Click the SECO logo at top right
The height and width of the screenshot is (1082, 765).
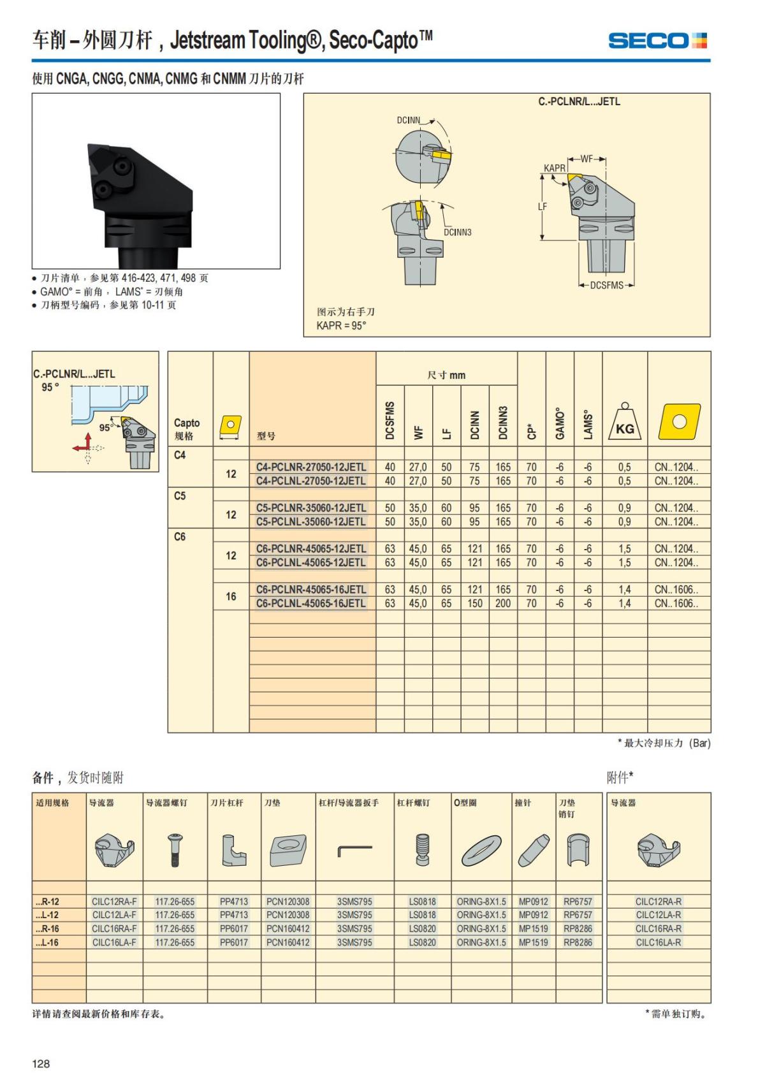click(657, 41)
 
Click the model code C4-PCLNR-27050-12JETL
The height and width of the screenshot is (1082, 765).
click(311, 467)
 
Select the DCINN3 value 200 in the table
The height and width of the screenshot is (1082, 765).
click(503, 603)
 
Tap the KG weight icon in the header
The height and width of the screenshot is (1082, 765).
click(625, 422)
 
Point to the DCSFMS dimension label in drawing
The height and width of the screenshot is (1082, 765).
click(606, 285)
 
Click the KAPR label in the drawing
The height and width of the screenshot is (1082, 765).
click(554, 168)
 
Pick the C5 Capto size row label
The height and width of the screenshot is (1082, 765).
click(180, 495)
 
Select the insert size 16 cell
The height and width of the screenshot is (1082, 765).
click(231, 596)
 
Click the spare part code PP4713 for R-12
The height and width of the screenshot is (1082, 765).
click(234, 902)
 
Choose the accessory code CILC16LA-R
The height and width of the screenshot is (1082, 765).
click(658, 942)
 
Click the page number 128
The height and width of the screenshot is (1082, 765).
click(41, 1064)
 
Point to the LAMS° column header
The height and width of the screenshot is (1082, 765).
click(588, 424)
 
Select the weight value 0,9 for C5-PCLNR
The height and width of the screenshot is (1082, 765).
click(624, 508)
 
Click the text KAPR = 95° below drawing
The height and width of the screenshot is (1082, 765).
click(342, 326)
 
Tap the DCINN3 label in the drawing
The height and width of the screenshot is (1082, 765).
click(458, 232)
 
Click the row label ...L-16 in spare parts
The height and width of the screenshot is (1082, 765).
click(47, 942)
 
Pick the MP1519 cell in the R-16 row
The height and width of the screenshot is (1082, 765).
click(533, 928)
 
